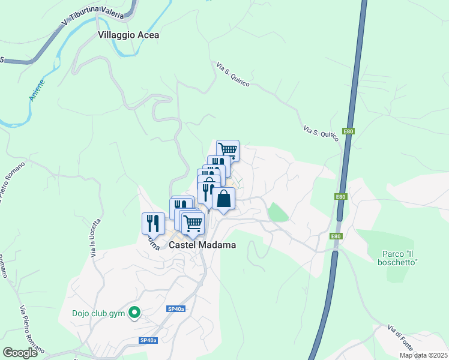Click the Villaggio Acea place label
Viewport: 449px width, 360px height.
(128, 35)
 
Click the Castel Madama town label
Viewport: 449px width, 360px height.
(202, 245)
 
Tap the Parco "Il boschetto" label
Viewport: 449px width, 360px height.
(398, 257)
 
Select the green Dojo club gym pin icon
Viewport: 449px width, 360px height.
(135, 312)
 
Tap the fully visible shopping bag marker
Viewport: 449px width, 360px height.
(223, 198)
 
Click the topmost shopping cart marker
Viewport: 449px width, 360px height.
(228, 150)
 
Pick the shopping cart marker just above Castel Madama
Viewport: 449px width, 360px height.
(193, 223)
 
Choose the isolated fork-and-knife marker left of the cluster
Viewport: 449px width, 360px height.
(153, 223)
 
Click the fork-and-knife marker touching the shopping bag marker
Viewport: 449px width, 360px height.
(205, 192)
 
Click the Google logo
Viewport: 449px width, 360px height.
(20, 353)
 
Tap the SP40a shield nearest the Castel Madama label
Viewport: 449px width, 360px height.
(176, 309)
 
